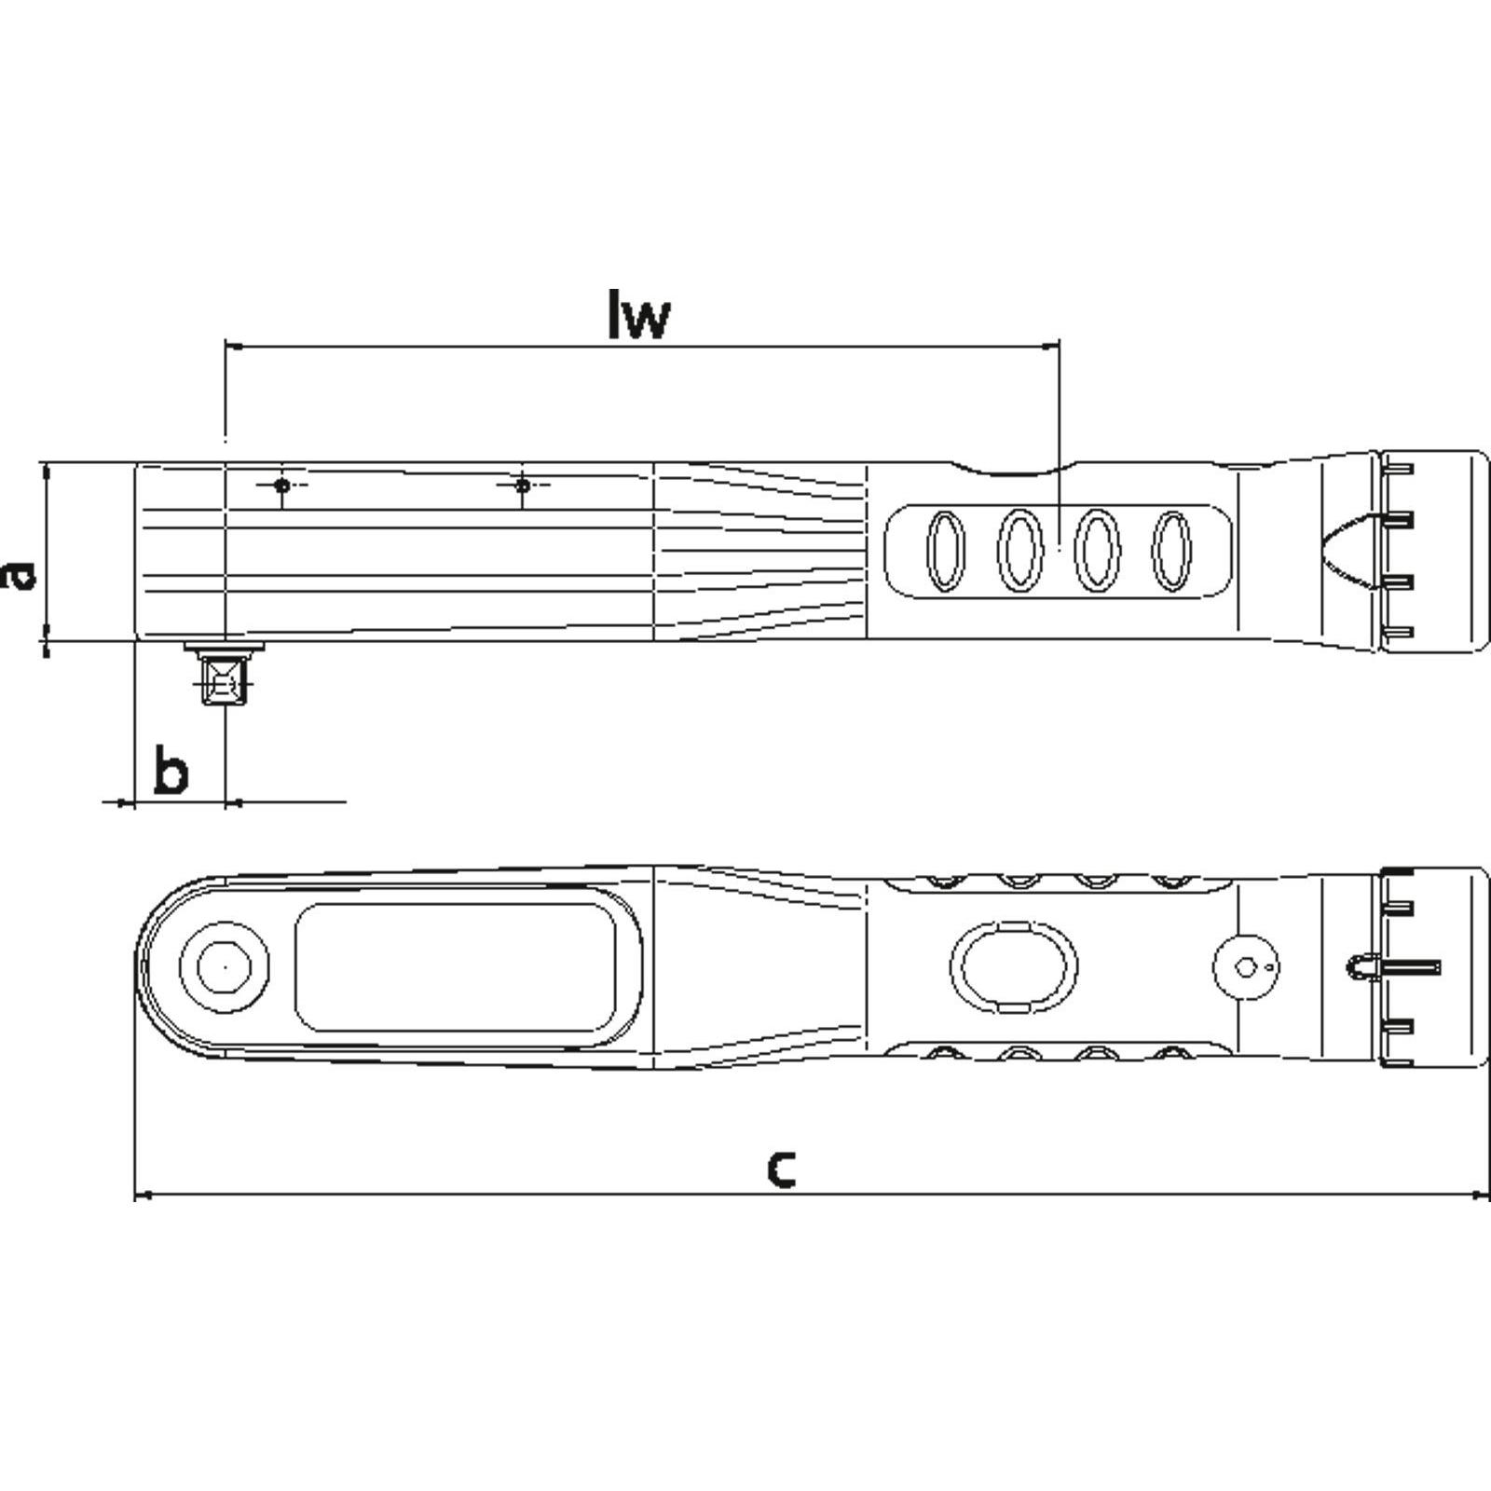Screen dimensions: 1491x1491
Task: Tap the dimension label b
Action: [x=171, y=770]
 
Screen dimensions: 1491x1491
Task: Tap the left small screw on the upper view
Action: [x=282, y=486]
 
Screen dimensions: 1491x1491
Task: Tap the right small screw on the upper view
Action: [x=523, y=486]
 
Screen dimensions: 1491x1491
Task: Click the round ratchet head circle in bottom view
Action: [x=225, y=967]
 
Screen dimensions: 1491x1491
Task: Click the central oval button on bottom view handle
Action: [x=1013, y=967]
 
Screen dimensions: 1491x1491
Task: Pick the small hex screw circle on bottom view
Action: [x=1246, y=967]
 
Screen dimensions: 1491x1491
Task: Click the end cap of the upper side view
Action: [x=1433, y=552]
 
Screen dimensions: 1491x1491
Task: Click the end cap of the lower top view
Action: [x=1433, y=967]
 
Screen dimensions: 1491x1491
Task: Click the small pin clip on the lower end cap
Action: [x=1363, y=967]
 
